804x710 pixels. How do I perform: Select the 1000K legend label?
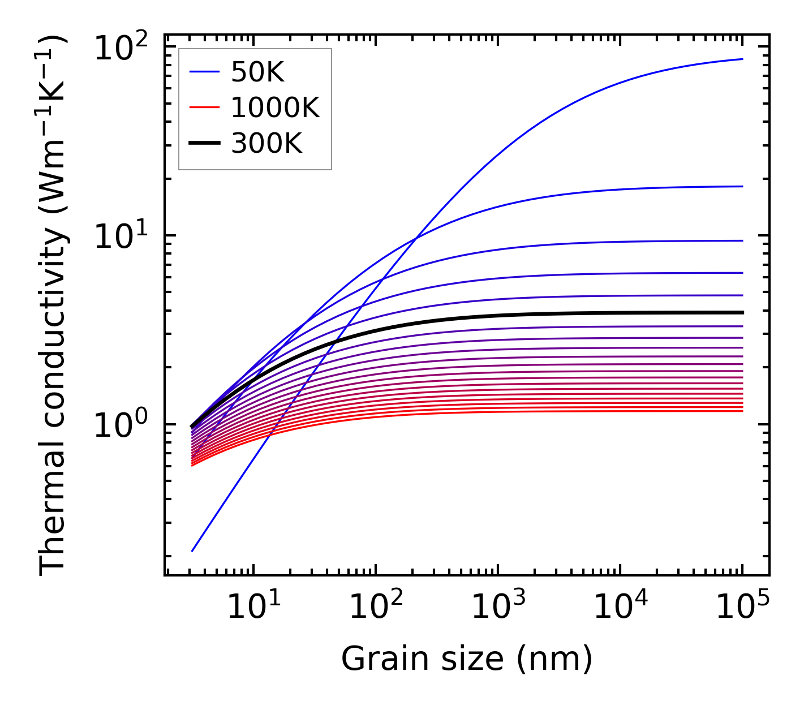tap(275, 107)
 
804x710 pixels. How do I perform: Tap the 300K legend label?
tap(266, 144)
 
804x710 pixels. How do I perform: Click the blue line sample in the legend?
tap(204, 72)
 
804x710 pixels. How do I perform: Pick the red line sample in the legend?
tap(204, 107)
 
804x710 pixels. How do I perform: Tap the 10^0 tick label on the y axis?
tap(121, 425)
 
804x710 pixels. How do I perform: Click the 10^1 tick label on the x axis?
tap(253, 606)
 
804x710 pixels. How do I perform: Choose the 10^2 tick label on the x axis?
tap(376, 606)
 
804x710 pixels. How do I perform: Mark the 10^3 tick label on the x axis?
tap(498, 606)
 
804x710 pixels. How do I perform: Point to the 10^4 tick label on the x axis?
tap(620, 606)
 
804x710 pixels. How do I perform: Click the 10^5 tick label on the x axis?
tap(742, 606)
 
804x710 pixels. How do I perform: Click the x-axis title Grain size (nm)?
tap(467, 659)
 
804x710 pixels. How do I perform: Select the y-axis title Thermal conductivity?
tap(53, 305)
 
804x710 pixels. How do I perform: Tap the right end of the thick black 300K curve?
tap(742, 312)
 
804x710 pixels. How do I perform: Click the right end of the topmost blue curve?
tap(742, 59)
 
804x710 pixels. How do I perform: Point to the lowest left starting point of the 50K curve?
tap(192, 551)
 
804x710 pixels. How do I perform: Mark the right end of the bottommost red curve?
tap(742, 411)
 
